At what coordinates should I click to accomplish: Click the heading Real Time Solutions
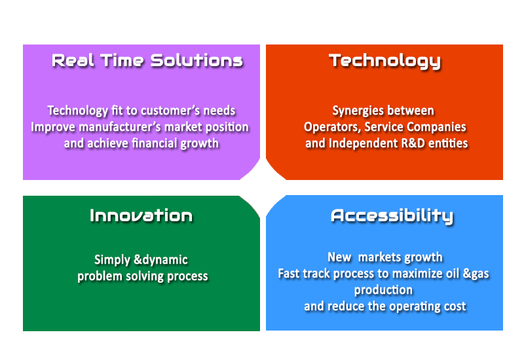pyautogui.click(x=147, y=61)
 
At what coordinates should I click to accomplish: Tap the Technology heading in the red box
pyautogui.click(x=384, y=62)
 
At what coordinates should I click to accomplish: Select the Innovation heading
pyautogui.click(x=141, y=215)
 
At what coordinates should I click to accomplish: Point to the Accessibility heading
pyautogui.click(x=392, y=217)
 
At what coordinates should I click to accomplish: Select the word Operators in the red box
pyautogui.click(x=332, y=127)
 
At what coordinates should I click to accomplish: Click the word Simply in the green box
pyautogui.click(x=112, y=260)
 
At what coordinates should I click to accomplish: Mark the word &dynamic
pyautogui.click(x=160, y=260)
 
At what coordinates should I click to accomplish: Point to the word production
pyautogui.click(x=383, y=290)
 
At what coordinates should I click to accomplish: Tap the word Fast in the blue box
pyautogui.click(x=288, y=274)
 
